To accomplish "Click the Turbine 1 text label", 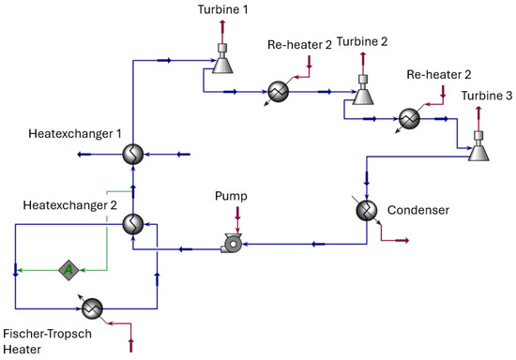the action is pyautogui.click(x=222, y=9).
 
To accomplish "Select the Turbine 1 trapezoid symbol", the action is pyautogui.click(x=222, y=66).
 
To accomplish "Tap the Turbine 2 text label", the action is pyautogui.click(x=362, y=42).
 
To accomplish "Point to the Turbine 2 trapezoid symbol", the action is pyautogui.click(x=363, y=97).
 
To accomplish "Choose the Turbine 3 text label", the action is pyautogui.click(x=487, y=96).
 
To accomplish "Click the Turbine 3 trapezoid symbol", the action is pyautogui.click(x=478, y=153).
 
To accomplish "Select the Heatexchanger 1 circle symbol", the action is pyautogui.click(x=133, y=154).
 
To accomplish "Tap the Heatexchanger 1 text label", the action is pyautogui.click(x=75, y=134).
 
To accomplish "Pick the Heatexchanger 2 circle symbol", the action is pyautogui.click(x=133, y=224).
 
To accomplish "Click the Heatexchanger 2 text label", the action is pyautogui.click(x=69, y=205).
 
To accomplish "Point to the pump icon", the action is pyautogui.click(x=232, y=244).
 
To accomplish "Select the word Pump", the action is pyautogui.click(x=231, y=196).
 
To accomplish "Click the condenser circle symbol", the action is pyautogui.click(x=367, y=210).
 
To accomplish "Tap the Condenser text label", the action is pyautogui.click(x=418, y=210).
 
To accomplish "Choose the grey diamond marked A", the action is pyautogui.click(x=68, y=270).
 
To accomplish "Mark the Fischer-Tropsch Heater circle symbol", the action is pyautogui.click(x=92, y=308).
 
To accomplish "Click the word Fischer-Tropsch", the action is pyautogui.click(x=48, y=334).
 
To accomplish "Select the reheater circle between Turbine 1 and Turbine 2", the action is pyautogui.click(x=279, y=91).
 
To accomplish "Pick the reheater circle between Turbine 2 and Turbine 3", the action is pyautogui.click(x=409, y=119).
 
